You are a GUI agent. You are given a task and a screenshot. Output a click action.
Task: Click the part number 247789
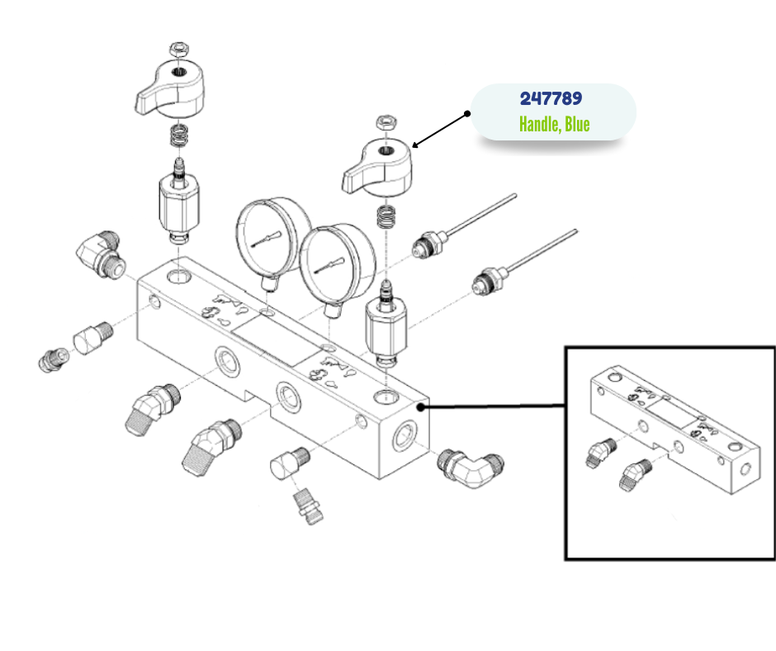point(551,99)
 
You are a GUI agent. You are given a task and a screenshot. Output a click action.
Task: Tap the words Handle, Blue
point(554,125)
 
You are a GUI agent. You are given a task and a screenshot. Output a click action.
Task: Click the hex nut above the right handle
point(385,122)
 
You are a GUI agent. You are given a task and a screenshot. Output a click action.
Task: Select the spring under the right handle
point(384,217)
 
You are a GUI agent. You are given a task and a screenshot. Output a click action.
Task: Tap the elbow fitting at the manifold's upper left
point(100,251)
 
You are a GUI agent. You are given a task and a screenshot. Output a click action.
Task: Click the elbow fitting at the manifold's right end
point(470,468)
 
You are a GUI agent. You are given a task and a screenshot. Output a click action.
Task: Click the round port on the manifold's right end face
point(405,435)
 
